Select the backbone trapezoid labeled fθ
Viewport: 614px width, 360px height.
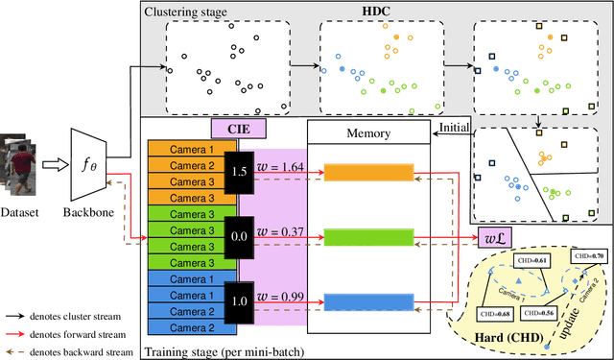(88, 163)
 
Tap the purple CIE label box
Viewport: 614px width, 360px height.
(239, 127)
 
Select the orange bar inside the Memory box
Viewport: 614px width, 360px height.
(368, 172)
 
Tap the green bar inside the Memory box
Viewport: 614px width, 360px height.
(368, 236)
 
